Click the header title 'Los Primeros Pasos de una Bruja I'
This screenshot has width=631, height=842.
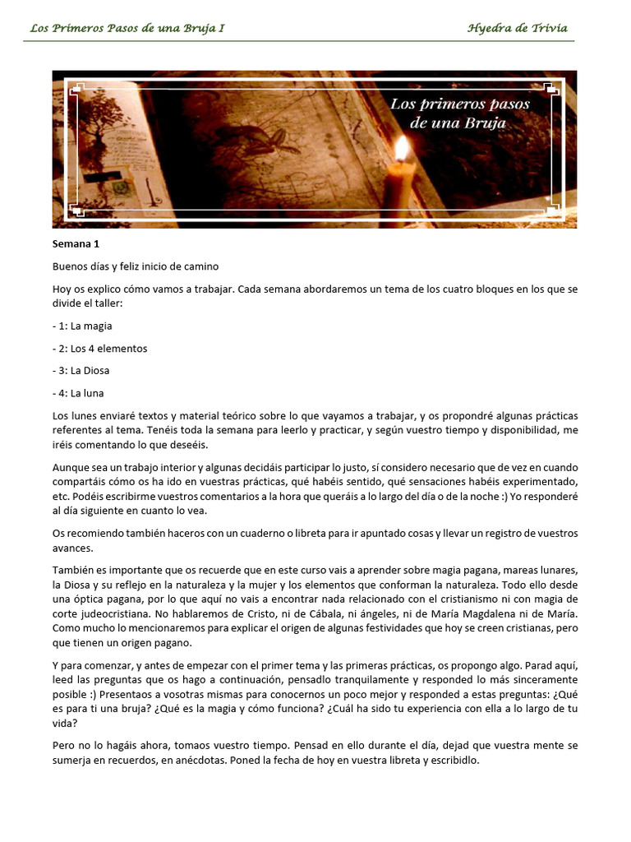(127, 28)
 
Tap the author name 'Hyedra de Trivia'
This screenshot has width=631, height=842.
(517, 28)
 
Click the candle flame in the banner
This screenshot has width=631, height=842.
(402, 149)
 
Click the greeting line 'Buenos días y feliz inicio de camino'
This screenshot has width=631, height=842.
(136, 266)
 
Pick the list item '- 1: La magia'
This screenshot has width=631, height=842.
(82, 326)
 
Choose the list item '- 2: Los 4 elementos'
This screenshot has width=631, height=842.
(99, 348)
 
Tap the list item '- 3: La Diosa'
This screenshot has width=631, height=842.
(81, 370)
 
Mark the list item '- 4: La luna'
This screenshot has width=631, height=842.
(78, 392)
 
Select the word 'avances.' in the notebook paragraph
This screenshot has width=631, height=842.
(72, 548)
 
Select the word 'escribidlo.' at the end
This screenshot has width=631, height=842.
(451, 761)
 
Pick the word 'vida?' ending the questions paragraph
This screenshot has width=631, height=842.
(66, 724)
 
